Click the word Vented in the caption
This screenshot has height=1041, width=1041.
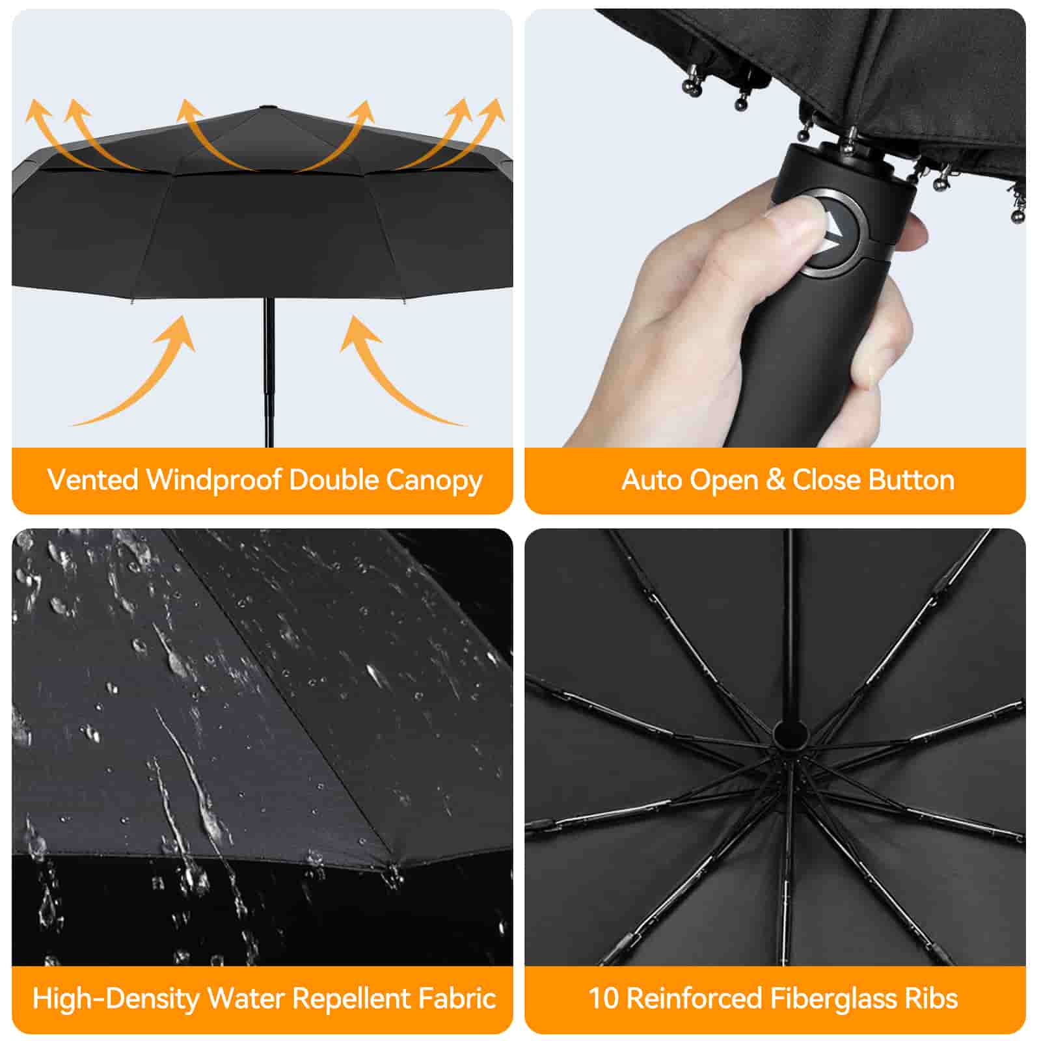coord(93,480)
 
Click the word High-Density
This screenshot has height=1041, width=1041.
coord(116,999)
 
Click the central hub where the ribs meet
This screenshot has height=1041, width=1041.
coord(789,735)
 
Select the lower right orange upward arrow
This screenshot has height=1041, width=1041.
coord(397,371)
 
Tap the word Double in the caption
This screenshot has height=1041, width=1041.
coord(333,480)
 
